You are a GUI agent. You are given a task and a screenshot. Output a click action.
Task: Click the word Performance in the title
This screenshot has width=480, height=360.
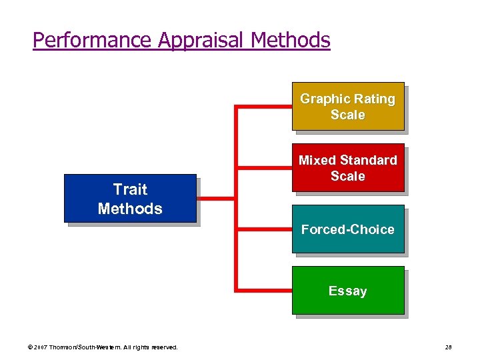click(92, 40)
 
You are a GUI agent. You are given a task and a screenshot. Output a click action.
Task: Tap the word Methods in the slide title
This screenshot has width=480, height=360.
click(291, 40)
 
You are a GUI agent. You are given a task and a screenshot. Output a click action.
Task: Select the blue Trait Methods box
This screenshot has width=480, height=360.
click(130, 198)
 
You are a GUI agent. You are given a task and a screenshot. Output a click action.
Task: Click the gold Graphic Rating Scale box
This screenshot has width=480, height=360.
click(347, 106)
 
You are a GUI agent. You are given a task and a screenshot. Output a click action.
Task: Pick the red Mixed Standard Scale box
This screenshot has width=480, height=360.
click(347, 167)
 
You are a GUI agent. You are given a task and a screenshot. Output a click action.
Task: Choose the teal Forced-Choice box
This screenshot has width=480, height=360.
click(347, 229)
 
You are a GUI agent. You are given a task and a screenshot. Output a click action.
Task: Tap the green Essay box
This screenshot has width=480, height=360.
click(347, 290)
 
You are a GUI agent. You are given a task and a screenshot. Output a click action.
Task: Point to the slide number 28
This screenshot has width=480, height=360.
click(448, 347)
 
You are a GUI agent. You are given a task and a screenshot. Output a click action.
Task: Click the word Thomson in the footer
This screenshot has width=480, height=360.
click(69, 347)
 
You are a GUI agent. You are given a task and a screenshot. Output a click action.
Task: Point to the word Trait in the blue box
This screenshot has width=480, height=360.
click(130, 189)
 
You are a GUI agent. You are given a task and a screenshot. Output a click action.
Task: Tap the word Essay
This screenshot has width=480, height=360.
click(347, 291)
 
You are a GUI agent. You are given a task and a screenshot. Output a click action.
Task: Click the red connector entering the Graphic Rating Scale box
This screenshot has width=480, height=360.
click(264, 107)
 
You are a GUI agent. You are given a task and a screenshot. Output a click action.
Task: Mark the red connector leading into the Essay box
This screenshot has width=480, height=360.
click(264, 290)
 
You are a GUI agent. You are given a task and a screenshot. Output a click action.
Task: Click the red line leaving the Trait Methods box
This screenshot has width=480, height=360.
click(215, 198)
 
